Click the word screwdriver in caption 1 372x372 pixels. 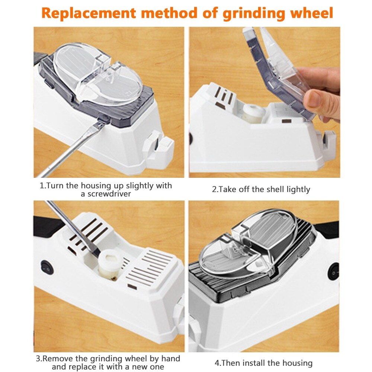(106, 194)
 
